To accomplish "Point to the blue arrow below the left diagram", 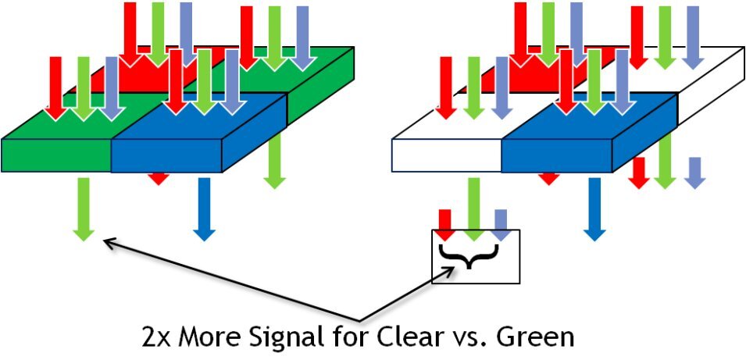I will (204, 208).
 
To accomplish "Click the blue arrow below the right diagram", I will (594, 208).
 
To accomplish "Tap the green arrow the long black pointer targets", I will (84, 208).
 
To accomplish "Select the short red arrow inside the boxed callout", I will (444, 224).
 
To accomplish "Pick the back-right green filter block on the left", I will (312, 74).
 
